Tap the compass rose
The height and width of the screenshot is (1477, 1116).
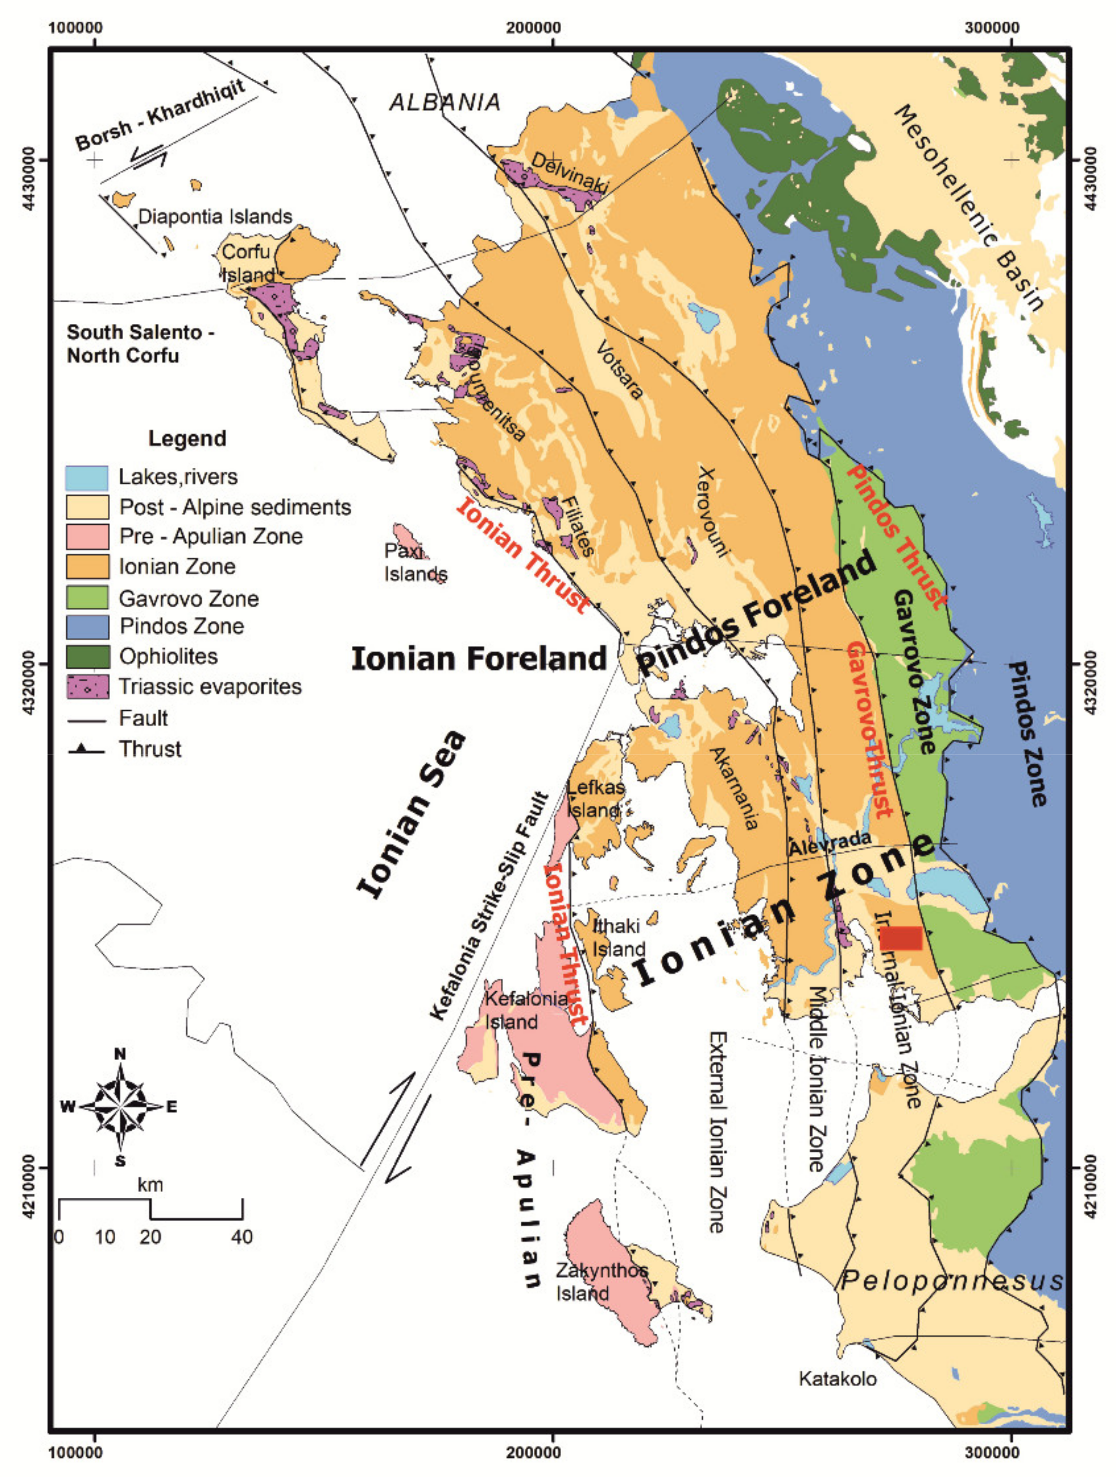coord(120,1107)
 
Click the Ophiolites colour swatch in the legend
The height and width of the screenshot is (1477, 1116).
coord(87,656)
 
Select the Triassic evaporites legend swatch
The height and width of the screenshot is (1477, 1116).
coord(87,686)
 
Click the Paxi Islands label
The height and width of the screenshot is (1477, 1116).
coord(415,562)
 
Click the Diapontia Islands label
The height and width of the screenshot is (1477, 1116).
coord(215,216)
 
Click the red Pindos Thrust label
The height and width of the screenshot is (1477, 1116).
coord(896,536)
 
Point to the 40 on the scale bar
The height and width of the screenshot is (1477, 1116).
coord(242,1237)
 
